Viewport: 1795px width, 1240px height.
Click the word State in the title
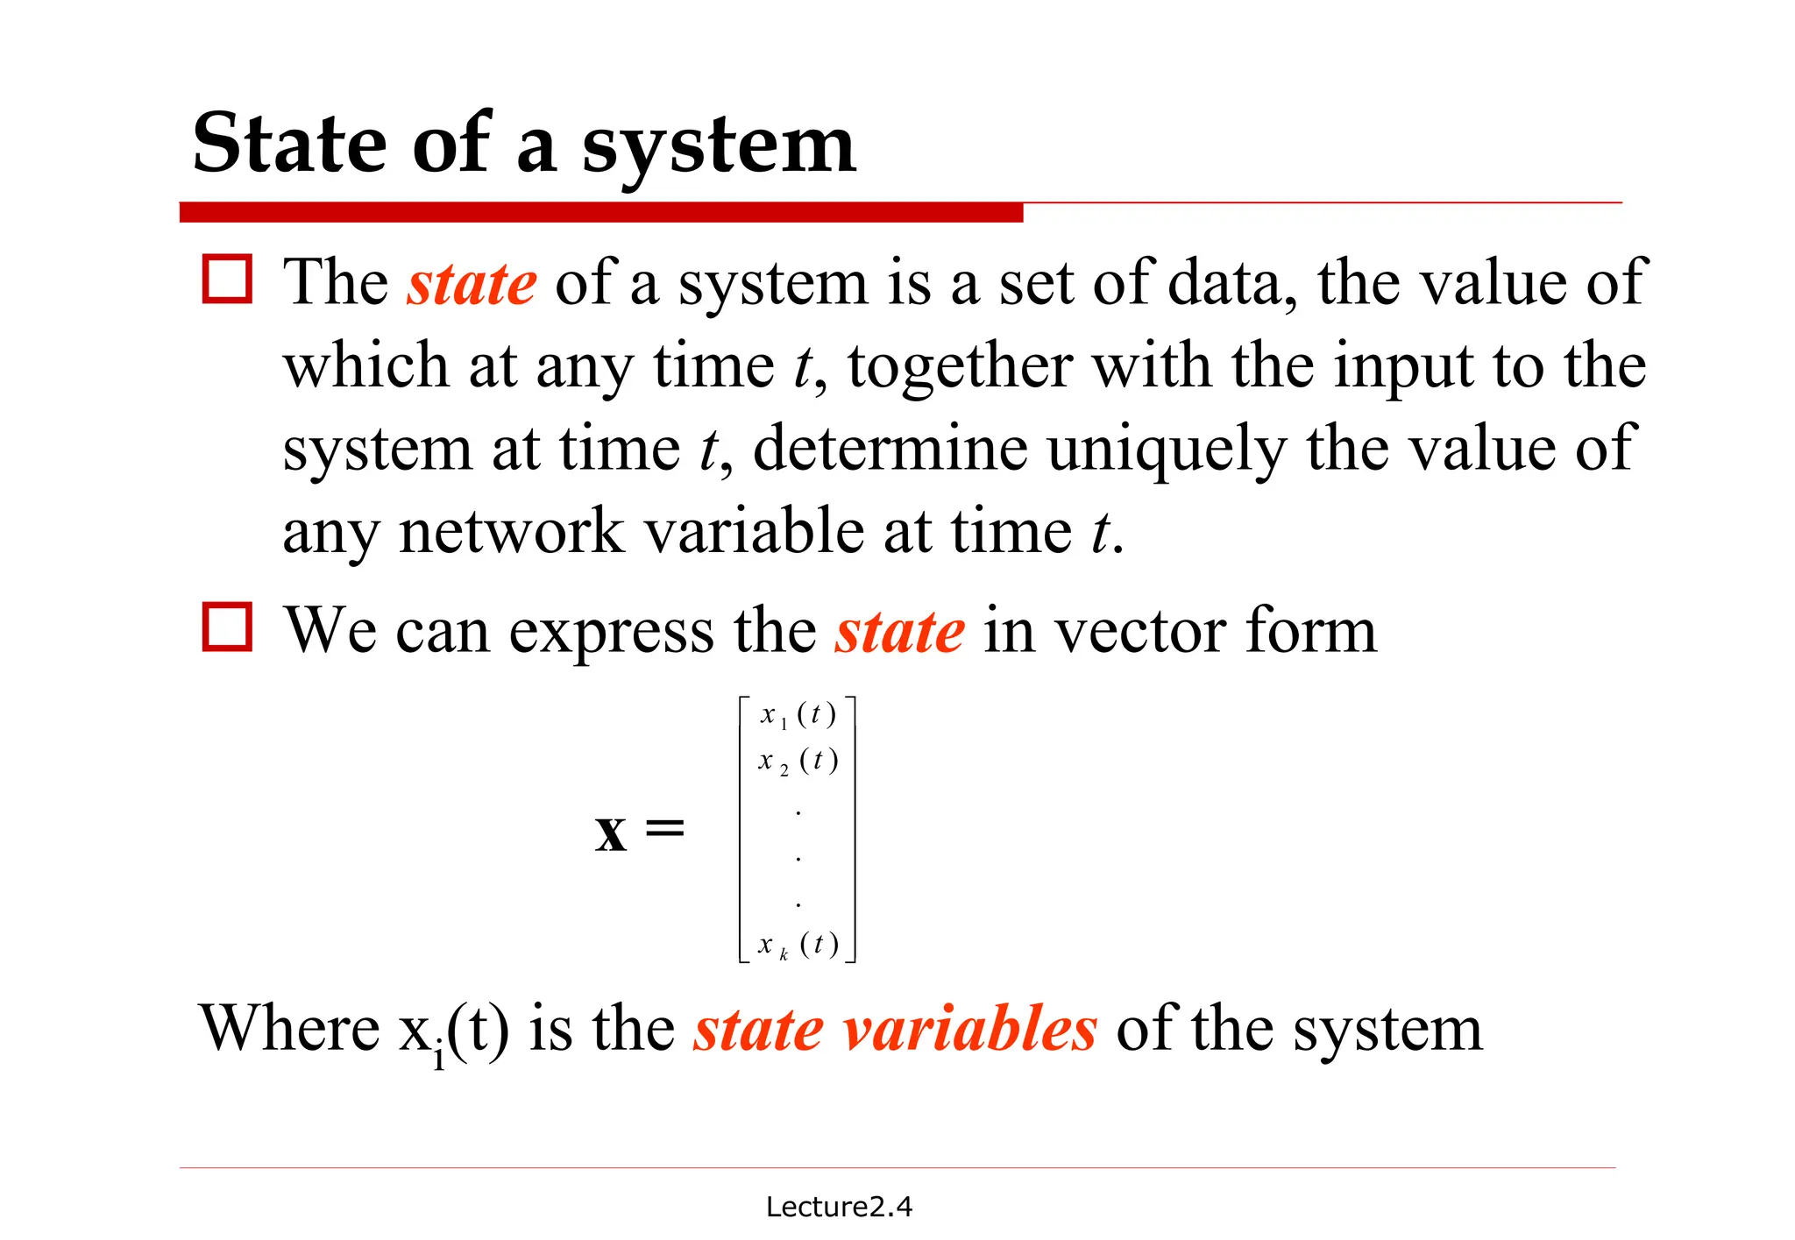click(289, 144)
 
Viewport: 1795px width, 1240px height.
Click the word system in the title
click(719, 147)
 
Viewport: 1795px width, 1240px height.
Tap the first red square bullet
click(227, 280)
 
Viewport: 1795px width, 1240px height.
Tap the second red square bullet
click(227, 627)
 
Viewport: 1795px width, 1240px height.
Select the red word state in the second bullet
click(899, 631)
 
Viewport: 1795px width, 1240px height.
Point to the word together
click(960, 365)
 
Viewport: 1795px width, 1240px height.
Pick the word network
click(512, 531)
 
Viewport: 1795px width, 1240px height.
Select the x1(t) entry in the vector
click(798, 715)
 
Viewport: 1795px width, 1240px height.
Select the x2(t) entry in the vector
click(798, 761)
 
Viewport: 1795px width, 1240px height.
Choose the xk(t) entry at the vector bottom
click(798, 945)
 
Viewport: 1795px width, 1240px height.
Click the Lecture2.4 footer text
click(839, 1207)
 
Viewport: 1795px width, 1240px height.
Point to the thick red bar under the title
click(601, 212)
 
